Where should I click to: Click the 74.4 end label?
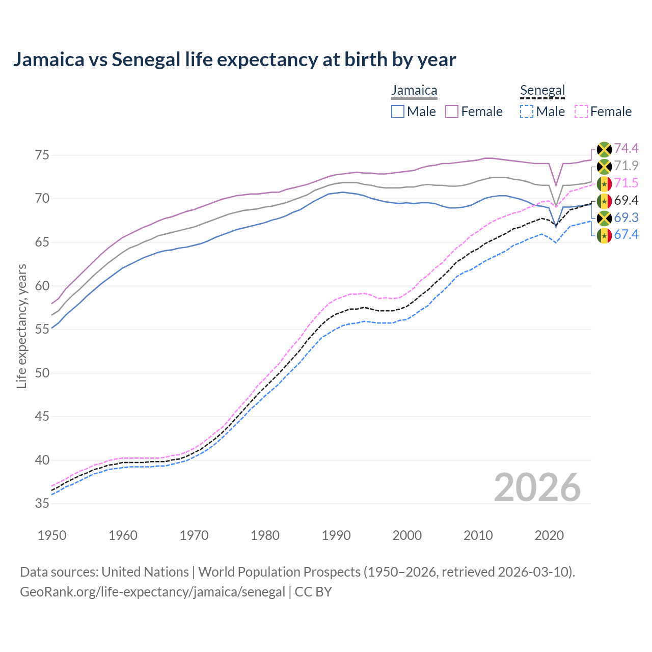[626, 148]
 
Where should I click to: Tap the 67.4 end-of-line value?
[626, 235]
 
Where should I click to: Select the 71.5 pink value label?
[626, 183]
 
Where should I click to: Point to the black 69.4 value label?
[626, 200]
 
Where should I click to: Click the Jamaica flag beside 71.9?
[604, 166]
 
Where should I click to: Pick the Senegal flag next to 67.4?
[604, 235]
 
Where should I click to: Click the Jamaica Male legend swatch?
[398, 112]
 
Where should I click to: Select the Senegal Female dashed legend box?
[581, 112]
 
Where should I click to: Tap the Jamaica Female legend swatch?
[452, 112]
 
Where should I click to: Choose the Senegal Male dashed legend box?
[527, 112]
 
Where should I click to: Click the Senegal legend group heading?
[542, 91]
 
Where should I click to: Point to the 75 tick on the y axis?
[42, 155]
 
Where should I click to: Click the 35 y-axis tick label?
[42, 504]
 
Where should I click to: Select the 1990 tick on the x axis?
[336, 535]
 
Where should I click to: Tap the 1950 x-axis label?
[52, 535]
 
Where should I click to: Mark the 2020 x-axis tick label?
[549, 535]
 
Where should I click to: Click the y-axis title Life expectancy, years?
[22, 326]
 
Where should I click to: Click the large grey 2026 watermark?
[537, 487]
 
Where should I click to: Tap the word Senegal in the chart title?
[146, 60]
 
